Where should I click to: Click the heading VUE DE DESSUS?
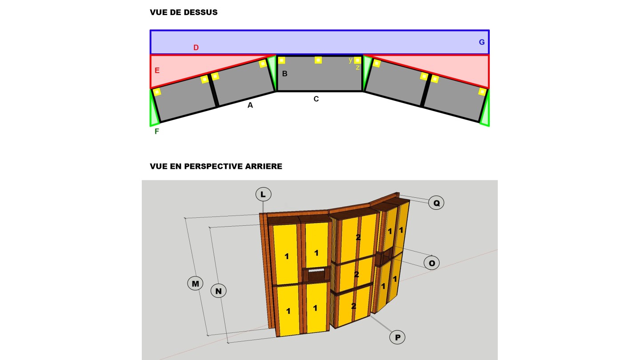[184, 12]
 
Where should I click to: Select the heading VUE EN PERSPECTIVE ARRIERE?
[216, 166]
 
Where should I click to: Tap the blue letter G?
[482, 42]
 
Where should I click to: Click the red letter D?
[196, 48]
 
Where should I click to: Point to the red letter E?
[157, 71]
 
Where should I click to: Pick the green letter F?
[156, 132]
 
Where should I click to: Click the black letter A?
[250, 105]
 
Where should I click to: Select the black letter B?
[284, 74]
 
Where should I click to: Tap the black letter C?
[316, 99]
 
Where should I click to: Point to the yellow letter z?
[357, 68]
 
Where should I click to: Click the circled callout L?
[263, 194]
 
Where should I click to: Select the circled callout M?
[195, 284]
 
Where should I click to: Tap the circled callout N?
[219, 291]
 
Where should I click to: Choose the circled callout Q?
[436, 203]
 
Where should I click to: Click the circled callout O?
[432, 263]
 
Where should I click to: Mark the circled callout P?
[397, 337]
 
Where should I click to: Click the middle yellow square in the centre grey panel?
[318, 60]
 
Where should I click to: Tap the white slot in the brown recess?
[316, 270]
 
